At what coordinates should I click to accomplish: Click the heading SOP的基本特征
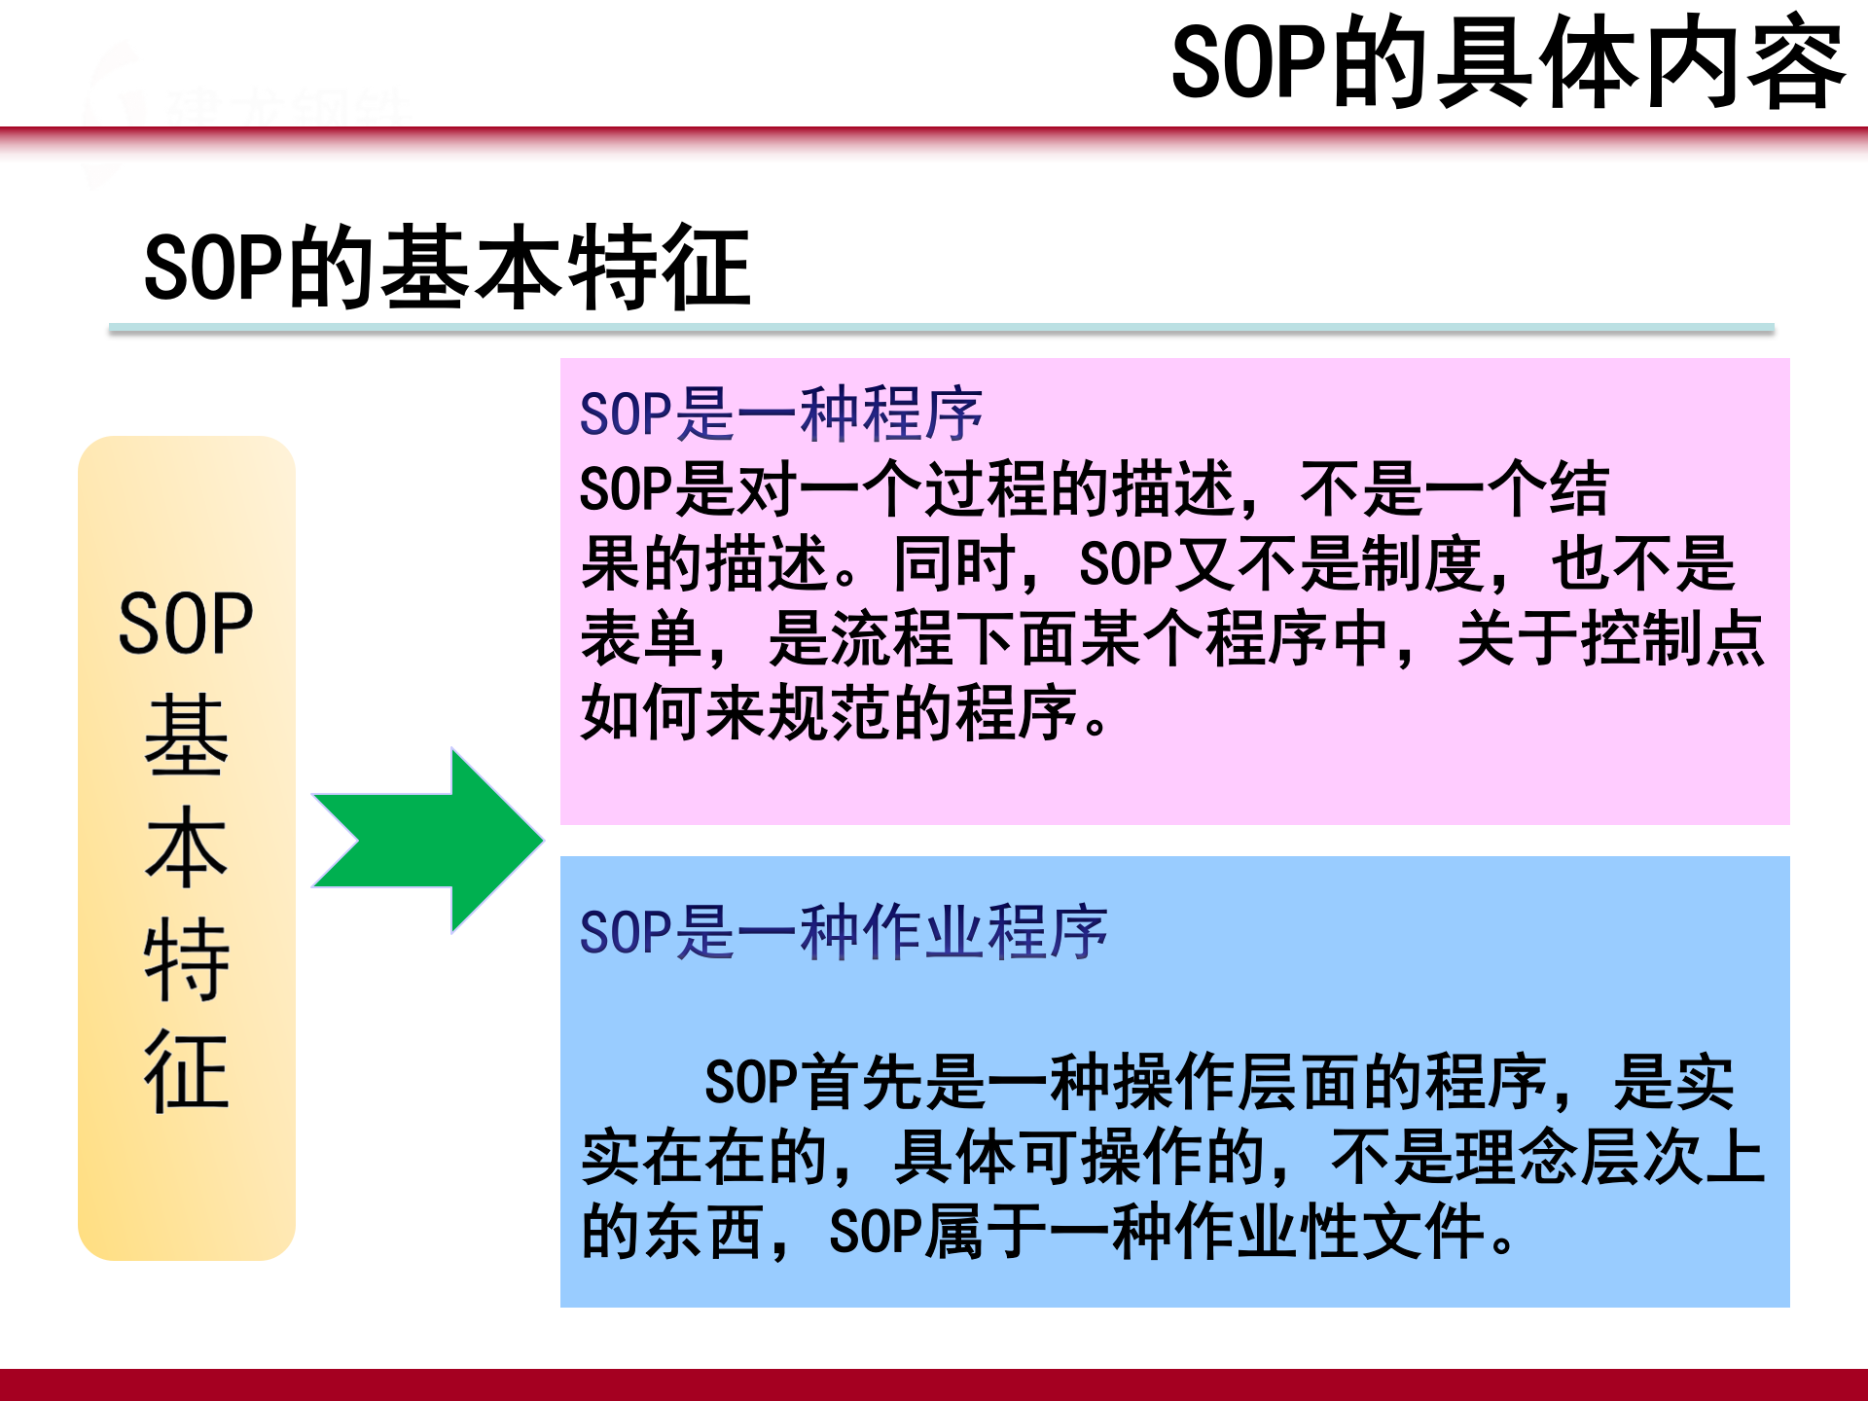[447, 268]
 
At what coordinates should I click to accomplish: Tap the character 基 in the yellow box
[186, 736]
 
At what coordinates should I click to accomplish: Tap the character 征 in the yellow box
[186, 1071]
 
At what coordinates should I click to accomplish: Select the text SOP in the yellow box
[186, 624]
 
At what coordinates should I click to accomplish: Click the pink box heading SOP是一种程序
[780, 413]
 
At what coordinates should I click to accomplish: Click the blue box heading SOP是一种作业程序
[843, 932]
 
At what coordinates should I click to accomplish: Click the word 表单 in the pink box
[642, 639]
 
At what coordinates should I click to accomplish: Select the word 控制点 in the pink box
[1672, 639]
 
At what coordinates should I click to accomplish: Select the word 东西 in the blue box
[704, 1232]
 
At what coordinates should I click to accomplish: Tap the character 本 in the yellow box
[186, 847]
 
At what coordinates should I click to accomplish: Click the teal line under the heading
[941, 329]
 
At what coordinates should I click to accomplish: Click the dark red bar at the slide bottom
[934, 1384]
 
